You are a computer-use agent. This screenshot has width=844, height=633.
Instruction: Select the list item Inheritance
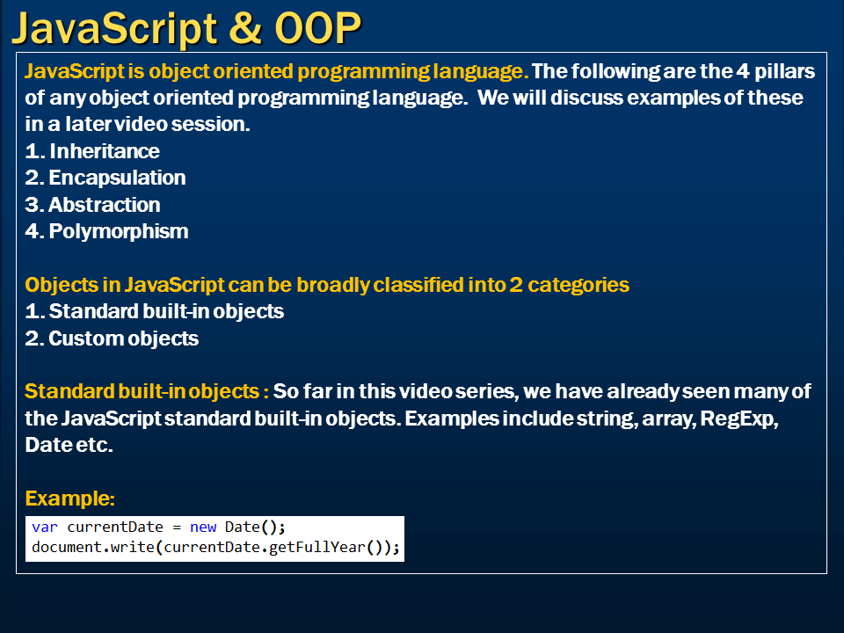point(104,151)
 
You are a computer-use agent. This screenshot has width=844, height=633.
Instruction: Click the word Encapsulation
point(117,178)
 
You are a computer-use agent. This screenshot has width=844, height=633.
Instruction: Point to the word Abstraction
point(104,205)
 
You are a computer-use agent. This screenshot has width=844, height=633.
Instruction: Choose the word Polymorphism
point(118,232)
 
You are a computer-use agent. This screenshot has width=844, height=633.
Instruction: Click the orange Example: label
point(70,499)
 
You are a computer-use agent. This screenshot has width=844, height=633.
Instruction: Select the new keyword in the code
point(203,527)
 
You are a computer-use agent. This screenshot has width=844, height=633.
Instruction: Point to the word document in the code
point(63,549)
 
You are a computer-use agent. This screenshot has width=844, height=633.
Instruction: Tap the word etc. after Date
point(95,445)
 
